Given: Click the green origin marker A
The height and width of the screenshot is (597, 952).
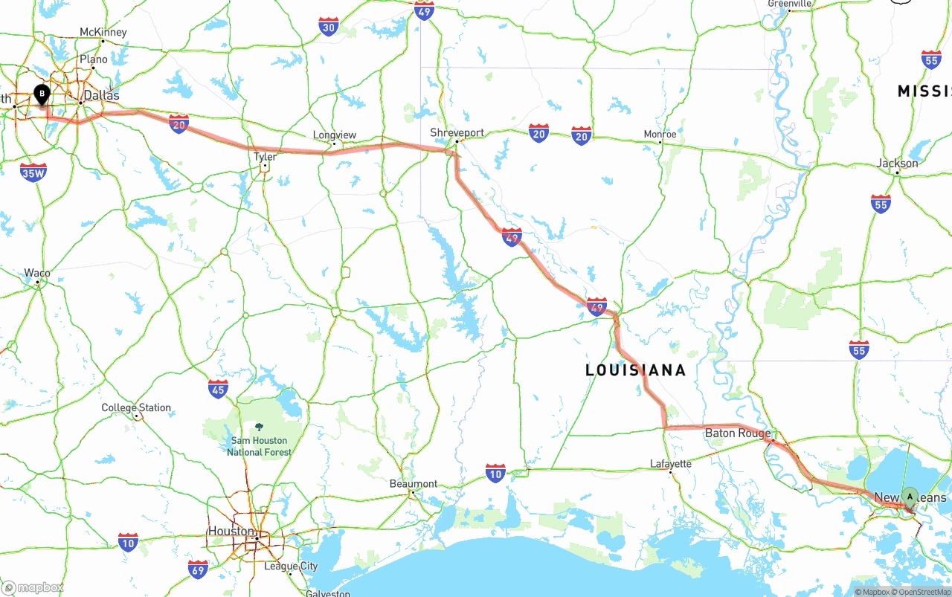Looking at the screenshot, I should pyautogui.click(x=910, y=496).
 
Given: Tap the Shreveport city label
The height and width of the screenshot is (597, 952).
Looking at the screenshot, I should pyautogui.click(x=457, y=132).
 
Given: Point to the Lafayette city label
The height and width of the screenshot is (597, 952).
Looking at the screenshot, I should pyautogui.click(x=670, y=464).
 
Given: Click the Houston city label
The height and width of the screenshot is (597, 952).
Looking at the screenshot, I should pyautogui.click(x=231, y=531).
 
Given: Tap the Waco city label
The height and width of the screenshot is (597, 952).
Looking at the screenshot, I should pyautogui.click(x=37, y=273).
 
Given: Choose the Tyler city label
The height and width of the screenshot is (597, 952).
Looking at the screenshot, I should pyautogui.click(x=265, y=157).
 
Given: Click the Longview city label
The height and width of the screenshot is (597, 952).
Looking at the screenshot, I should pyautogui.click(x=335, y=135).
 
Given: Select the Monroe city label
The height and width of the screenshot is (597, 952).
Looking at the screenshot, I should pyautogui.click(x=660, y=135).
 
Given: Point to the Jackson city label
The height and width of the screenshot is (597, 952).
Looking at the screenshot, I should pyautogui.click(x=898, y=163).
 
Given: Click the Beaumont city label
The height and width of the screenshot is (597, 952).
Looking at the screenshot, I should pyautogui.click(x=414, y=483).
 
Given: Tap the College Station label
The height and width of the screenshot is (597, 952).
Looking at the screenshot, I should pyautogui.click(x=136, y=407).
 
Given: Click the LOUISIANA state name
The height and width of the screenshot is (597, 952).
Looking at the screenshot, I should pyautogui.click(x=635, y=370).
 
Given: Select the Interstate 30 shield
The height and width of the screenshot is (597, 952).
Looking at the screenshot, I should pyautogui.click(x=329, y=27).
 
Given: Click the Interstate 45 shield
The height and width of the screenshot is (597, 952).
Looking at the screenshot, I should pyautogui.click(x=218, y=388).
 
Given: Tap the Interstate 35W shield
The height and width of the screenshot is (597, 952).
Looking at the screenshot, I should pyautogui.click(x=33, y=172).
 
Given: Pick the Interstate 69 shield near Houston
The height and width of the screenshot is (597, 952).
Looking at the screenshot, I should pyautogui.click(x=198, y=568).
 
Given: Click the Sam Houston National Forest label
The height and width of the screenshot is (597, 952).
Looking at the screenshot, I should pyautogui.click(x=259, y=446).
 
